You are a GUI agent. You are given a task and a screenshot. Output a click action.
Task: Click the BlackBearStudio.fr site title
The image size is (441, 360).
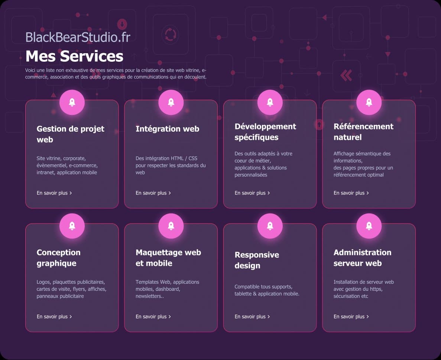tap(78, 37)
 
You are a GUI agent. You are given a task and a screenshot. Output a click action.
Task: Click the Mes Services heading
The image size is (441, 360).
tap(74, 56)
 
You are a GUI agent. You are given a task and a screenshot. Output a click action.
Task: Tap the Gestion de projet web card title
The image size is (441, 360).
tap(70, 134)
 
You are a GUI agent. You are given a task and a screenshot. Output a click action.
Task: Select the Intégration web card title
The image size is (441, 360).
tap(167, 129)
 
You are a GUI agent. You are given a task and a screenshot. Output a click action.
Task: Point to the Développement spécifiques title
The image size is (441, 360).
tap(265, 132)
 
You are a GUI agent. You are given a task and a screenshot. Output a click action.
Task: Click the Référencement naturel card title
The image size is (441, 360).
tap(363, 132)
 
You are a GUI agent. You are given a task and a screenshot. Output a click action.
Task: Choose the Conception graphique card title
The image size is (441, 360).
tap(58, 258)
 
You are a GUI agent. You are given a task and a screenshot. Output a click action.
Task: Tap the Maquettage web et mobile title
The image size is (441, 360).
tap(168, 258)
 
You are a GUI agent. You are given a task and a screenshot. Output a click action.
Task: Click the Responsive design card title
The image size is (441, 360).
tap(257, 260)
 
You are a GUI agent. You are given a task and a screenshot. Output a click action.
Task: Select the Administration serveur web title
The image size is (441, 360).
tap(362, 258)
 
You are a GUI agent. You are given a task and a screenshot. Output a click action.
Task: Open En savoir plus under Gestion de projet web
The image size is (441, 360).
tap(54, 193)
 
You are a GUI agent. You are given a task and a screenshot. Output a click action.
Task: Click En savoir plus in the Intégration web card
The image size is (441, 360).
tap(153, 193)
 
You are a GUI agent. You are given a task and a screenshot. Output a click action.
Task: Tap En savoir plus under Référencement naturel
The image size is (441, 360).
tap(351, 193)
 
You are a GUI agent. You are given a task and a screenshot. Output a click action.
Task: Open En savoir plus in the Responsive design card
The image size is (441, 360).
tap(252, 316)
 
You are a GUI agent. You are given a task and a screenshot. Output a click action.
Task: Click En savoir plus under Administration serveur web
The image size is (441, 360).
tap(351, 316)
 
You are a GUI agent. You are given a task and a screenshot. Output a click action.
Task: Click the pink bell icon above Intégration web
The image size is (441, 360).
tap(171, 102)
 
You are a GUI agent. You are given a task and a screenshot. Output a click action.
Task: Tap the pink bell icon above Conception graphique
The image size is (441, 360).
tap(72, 226)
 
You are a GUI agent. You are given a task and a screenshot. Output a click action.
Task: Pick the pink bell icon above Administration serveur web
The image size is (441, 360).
tap(369, 226)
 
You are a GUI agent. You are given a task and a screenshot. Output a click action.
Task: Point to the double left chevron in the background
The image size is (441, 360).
tap(346, 75)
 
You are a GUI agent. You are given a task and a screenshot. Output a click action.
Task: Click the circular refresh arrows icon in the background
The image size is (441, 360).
tap(171, 35)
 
